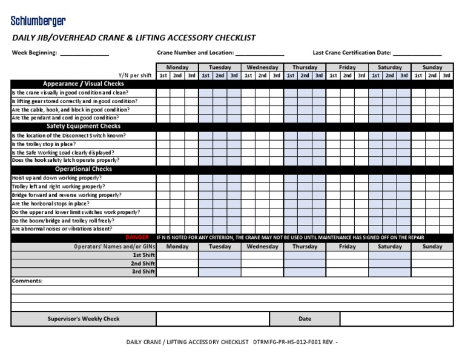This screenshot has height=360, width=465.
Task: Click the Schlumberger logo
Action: [38, 22]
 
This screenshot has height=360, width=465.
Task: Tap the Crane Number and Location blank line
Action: [260, 54]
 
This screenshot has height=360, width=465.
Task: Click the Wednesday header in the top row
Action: [262, 67]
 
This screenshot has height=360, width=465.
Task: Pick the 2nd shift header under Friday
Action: [347, 76]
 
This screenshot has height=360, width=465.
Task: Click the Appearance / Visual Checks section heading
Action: [84, 84]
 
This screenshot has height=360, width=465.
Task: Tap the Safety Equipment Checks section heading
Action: [84, 126]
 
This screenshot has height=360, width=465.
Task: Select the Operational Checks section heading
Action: [84, 169]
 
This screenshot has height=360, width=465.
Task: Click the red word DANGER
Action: [137, 238]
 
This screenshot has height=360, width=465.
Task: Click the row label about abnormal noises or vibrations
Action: [62, 229]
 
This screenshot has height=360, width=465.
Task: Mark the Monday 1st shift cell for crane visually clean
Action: [163, 93]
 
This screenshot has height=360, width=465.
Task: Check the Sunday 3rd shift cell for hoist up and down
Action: [446, 178]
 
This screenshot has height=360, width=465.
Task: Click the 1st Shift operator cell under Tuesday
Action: [220, 255]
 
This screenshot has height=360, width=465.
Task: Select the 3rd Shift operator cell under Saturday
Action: [390, 272]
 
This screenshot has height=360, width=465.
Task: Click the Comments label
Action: [27, 281]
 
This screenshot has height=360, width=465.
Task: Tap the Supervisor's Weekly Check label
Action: [84, 319]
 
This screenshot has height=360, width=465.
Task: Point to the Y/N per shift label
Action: [134, 76]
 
